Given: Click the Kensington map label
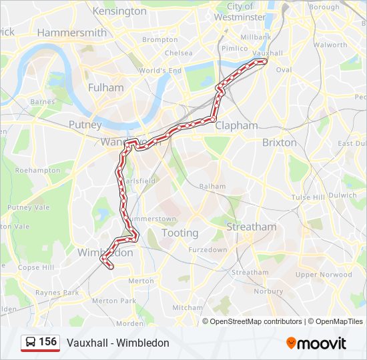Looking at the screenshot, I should [119, 11].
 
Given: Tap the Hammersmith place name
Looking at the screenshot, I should [72, 33].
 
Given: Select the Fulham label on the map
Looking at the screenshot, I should [105, 87].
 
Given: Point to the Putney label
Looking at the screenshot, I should [85, 125].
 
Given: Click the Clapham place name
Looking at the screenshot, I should [236, 125].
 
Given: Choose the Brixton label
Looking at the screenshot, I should [279, 142].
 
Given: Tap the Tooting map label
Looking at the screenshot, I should [180, 233].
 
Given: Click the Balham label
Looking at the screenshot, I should [213, 186].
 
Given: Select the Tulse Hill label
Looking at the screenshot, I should [307, 197].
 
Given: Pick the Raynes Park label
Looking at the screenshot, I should [57, 293].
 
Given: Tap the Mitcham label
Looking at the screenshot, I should [188, 308].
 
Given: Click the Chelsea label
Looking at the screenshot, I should [178, 53].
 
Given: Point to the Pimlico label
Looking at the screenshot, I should [234, 49].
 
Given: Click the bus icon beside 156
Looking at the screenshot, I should [30, 343].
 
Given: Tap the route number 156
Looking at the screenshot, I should [48, 342].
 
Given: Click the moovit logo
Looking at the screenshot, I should [316, 343].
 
